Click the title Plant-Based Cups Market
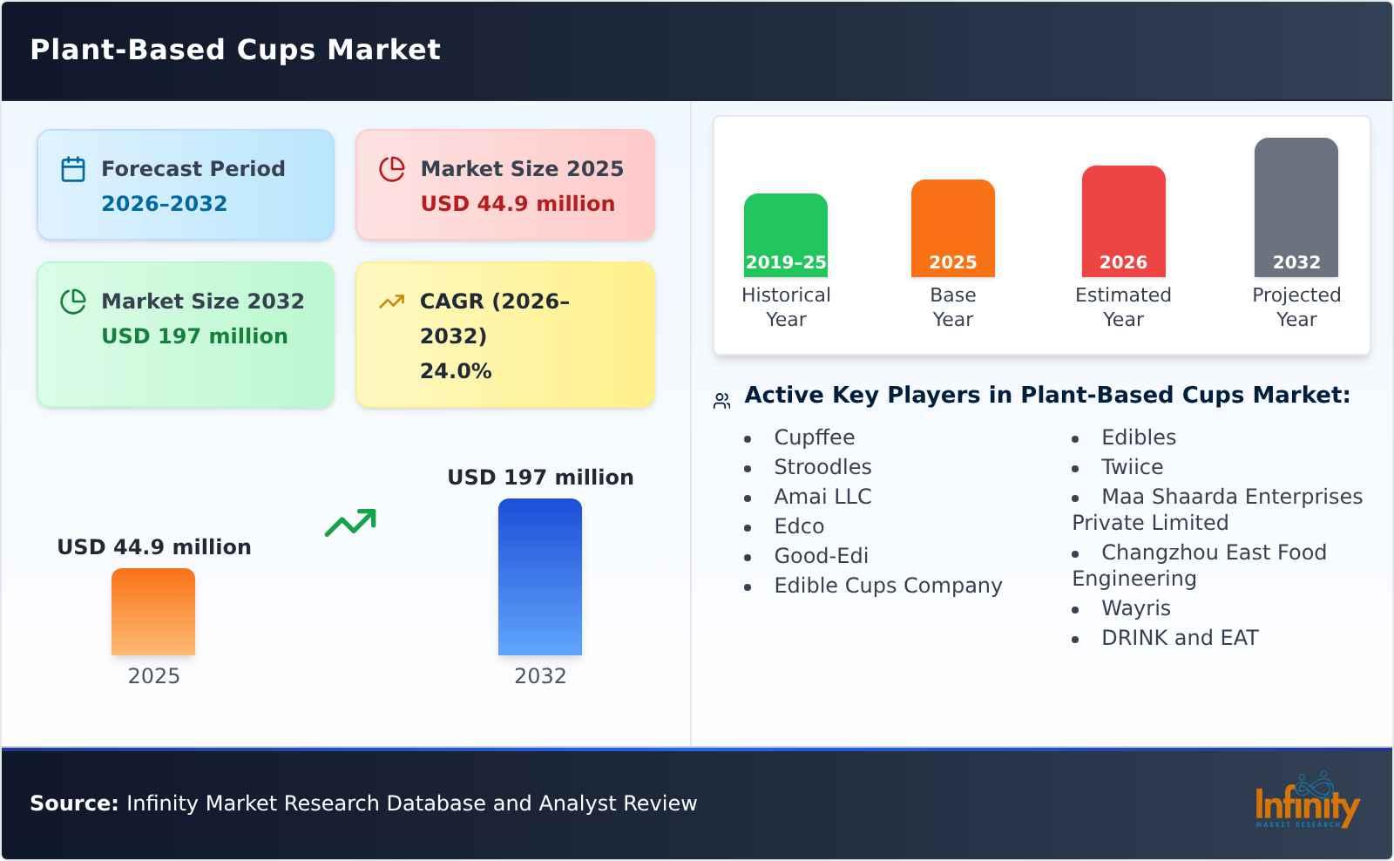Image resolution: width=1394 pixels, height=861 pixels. (235, 50)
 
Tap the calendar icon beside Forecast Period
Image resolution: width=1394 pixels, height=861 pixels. (73, 169)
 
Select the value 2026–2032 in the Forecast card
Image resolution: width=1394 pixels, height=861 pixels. (164, 204)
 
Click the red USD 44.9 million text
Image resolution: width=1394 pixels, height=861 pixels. (518, 204)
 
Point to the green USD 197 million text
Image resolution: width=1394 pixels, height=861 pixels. (194, 336)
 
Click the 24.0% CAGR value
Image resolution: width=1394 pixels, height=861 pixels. (456, 371)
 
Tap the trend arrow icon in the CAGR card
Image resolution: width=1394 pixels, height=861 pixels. (391, 302)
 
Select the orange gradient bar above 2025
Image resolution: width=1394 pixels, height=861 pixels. (153, 612)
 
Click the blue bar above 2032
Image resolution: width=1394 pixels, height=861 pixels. (539, 577)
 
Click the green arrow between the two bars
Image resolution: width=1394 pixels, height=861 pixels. (350, 523)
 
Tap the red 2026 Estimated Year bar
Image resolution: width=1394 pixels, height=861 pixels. (1123, 221)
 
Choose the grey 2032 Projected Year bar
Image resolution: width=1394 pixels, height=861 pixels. (1296, 207)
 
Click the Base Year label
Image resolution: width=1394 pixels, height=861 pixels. (952, 307)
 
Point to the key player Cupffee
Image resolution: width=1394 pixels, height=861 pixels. (814, 437)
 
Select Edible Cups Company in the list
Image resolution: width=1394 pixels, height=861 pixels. (888, 586)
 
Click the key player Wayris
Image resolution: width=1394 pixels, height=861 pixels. (1135, 608)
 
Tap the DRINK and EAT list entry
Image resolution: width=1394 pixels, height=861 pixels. (1179, 638)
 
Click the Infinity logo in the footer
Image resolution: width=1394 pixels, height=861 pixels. (1306, 802)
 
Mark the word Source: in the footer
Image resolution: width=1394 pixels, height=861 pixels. (74, 803)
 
